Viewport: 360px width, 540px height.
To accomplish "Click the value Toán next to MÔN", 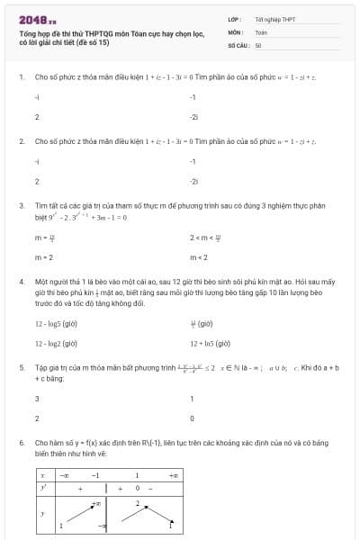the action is point(261,31).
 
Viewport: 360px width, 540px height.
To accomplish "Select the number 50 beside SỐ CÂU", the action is point(258,44).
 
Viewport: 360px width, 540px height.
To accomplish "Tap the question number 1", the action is point(21,77).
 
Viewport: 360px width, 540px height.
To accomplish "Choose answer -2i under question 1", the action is point(193,117).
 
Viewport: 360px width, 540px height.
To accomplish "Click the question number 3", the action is point(21,206).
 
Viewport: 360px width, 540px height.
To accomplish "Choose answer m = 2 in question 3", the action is point(44,257).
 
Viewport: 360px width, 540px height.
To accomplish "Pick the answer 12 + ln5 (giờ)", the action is point(211,344).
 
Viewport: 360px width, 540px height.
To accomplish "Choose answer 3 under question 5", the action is point(37,399).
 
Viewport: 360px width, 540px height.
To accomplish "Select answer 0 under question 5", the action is point(192,418).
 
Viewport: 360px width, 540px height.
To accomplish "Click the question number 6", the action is point(21,444).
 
